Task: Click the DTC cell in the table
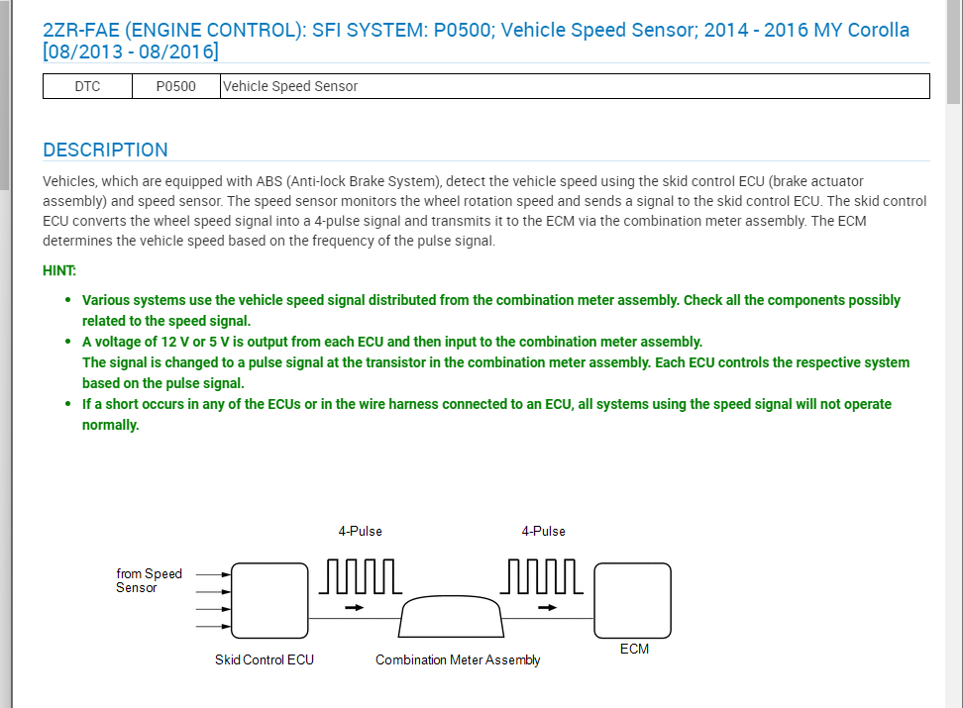coord(87,86)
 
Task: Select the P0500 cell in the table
coord(176,86)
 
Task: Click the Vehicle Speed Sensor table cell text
coord(290,86)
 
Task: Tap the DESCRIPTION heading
coord(105,151)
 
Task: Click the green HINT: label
coord(59,270)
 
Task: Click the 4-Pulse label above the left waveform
coord(360,531)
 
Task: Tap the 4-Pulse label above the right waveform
coord(544,531)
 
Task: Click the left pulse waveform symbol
coord(360,575)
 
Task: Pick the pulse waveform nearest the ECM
coord(543,575)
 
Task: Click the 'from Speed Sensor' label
coord(149,580)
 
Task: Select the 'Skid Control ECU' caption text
coord(265,659)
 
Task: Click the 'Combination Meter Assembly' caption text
coord(458,659)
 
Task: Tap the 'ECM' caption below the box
coord(634,649)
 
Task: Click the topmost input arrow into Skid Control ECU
coord(214,573)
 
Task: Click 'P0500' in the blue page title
coord(464,31)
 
